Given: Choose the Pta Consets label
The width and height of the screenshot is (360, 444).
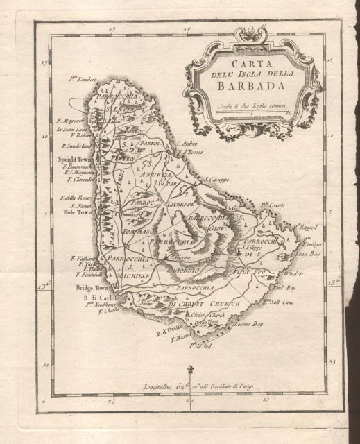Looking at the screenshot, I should (273, 206).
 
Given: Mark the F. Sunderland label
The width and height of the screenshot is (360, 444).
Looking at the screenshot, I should (80, 146).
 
